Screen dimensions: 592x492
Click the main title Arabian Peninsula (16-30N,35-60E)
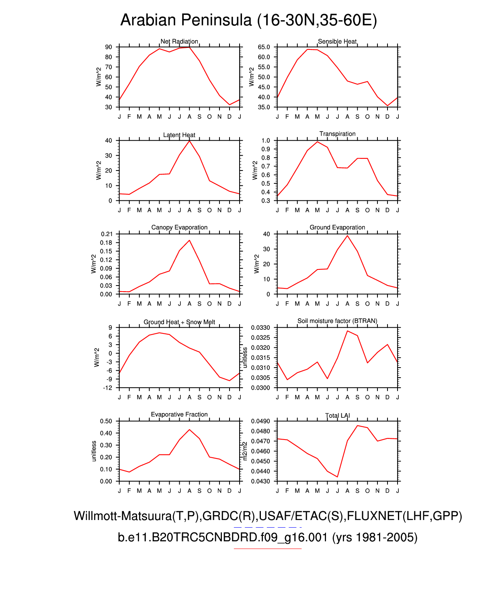pyautogui.click(x=248, y=20)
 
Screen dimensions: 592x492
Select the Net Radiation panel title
pyautogui.click(x=179, y=41)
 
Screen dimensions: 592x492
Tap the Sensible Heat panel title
pyautogui.click(x=337, y=41)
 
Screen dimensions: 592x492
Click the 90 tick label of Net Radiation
pyautogui.click(x=109, y=47)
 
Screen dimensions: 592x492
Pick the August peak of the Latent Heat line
pyautogui.click(x=189, y=140)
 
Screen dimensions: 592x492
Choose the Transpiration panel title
pyautogui.click(x=337, y=134)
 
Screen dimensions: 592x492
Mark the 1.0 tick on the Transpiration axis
pyautogui.click(x=266, y=141)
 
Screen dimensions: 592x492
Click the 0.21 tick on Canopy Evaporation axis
pyautogui.click(x=107, y=234)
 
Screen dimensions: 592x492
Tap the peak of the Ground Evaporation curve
pyautogui.click(x=347, y=235)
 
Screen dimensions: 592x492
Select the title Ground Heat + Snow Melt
pyautogui.click(x=179, y=322)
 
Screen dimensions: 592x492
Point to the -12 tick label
pyautogui.click(x=107, y=388)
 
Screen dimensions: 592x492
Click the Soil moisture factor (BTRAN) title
pyautogui.click(x=337, y=321)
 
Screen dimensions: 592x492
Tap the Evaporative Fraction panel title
pyautogui.click(x=179, y=415)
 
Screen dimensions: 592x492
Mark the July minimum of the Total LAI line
pyautogui.click(x=337, y=477)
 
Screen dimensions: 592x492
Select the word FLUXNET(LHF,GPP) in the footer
pyautogui.click(x=404, y=516)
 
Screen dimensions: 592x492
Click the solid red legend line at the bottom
pyautogui.click(x=267, y=549)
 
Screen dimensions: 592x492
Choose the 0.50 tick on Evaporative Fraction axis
pyautogui.click(x=107, y=421)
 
